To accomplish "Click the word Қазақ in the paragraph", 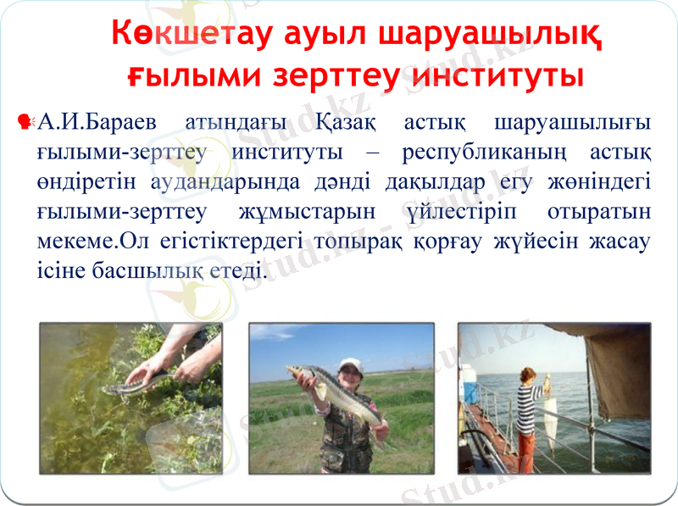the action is tap(347, 123).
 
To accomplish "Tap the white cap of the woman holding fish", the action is tap(348, 366).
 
